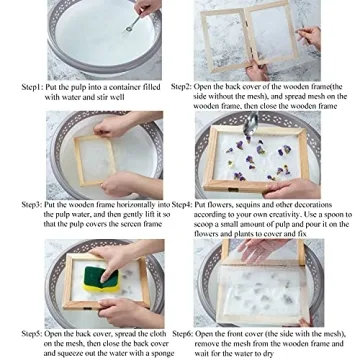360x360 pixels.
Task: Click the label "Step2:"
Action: [x=182, y=88]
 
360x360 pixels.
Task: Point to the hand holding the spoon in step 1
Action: [x=149, y=10]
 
